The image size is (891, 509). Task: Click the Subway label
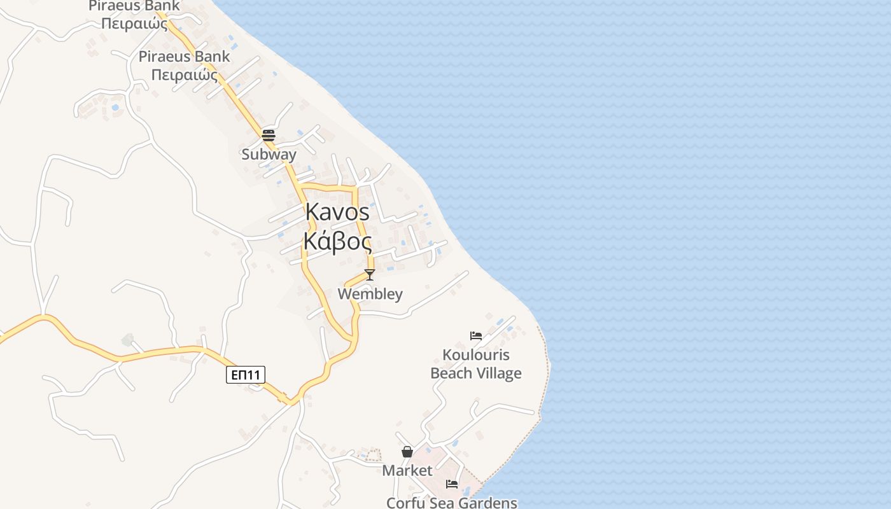(269, 155)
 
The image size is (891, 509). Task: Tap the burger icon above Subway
(268, 135)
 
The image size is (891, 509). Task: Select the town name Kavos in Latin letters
(337, 212)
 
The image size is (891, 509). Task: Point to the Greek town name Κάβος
(337, 241)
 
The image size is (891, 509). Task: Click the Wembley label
(370, 294)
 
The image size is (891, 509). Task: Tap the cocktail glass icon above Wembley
(369, 275)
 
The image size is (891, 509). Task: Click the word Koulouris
(476, 355)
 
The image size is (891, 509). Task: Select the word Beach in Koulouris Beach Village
(451, 373)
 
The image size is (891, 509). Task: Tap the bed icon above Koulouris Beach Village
(475, 336)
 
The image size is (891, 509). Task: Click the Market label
(407, 471)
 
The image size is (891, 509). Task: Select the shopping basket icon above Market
(407, 452)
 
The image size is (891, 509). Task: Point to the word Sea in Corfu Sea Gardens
(445, 503)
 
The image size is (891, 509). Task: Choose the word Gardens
(491, 503)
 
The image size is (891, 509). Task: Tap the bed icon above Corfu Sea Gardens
(451, 484)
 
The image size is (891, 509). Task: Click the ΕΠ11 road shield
(245, 375)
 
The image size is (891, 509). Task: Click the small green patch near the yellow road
(128, 340)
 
